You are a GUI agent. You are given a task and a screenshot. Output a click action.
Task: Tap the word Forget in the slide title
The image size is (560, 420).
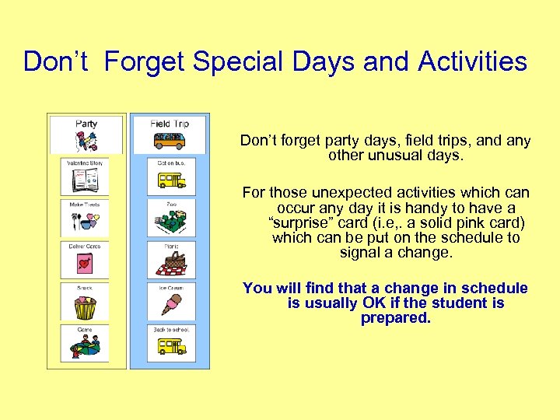(145, 61)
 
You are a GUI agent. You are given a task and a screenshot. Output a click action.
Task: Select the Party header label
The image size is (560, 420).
(86, 124)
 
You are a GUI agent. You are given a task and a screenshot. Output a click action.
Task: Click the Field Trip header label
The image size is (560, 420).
(170, 124)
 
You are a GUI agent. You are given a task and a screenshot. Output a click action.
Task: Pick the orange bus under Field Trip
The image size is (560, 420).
(170, 141)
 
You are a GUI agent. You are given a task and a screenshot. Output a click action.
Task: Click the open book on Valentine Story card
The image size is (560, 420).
(84, 181)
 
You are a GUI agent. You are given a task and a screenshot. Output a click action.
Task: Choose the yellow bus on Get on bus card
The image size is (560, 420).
(170, 180)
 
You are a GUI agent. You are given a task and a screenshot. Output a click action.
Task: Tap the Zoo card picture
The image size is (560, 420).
(170, 222)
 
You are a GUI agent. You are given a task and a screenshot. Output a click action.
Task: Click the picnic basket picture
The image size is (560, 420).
(170, 264)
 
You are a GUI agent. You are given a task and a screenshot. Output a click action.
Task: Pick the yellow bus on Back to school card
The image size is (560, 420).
(170, 346)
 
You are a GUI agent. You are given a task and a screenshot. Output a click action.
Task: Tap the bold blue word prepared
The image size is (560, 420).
(395, 318)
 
